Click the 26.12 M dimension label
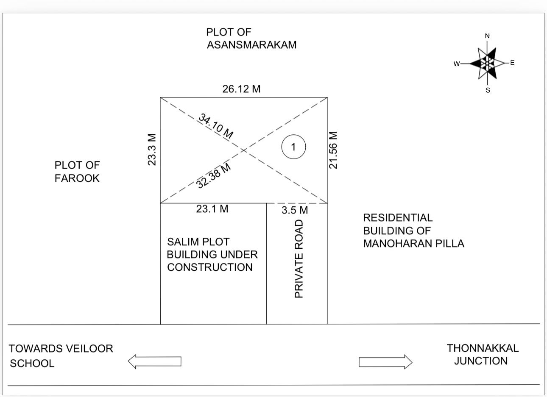tap(241, 89)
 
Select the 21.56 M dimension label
tap(333, 150)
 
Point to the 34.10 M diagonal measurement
tap(215, 126)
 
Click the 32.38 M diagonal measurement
tap(214, 175)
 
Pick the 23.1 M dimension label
tap(212, 209)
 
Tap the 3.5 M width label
tap(295, 210)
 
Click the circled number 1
tap(293, 147)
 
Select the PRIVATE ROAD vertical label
tap(299, 258)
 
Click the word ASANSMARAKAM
tap(251, 45)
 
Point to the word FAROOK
tap(77, 178)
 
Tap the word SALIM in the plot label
tap(184, 242)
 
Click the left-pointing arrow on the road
tap(155, 362)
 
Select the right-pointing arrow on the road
tap(385, 362)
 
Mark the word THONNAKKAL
tap(483, 348)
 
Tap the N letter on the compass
tap(487, 36)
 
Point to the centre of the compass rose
tap(488, 63)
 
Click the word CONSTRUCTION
tap(210, 267)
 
